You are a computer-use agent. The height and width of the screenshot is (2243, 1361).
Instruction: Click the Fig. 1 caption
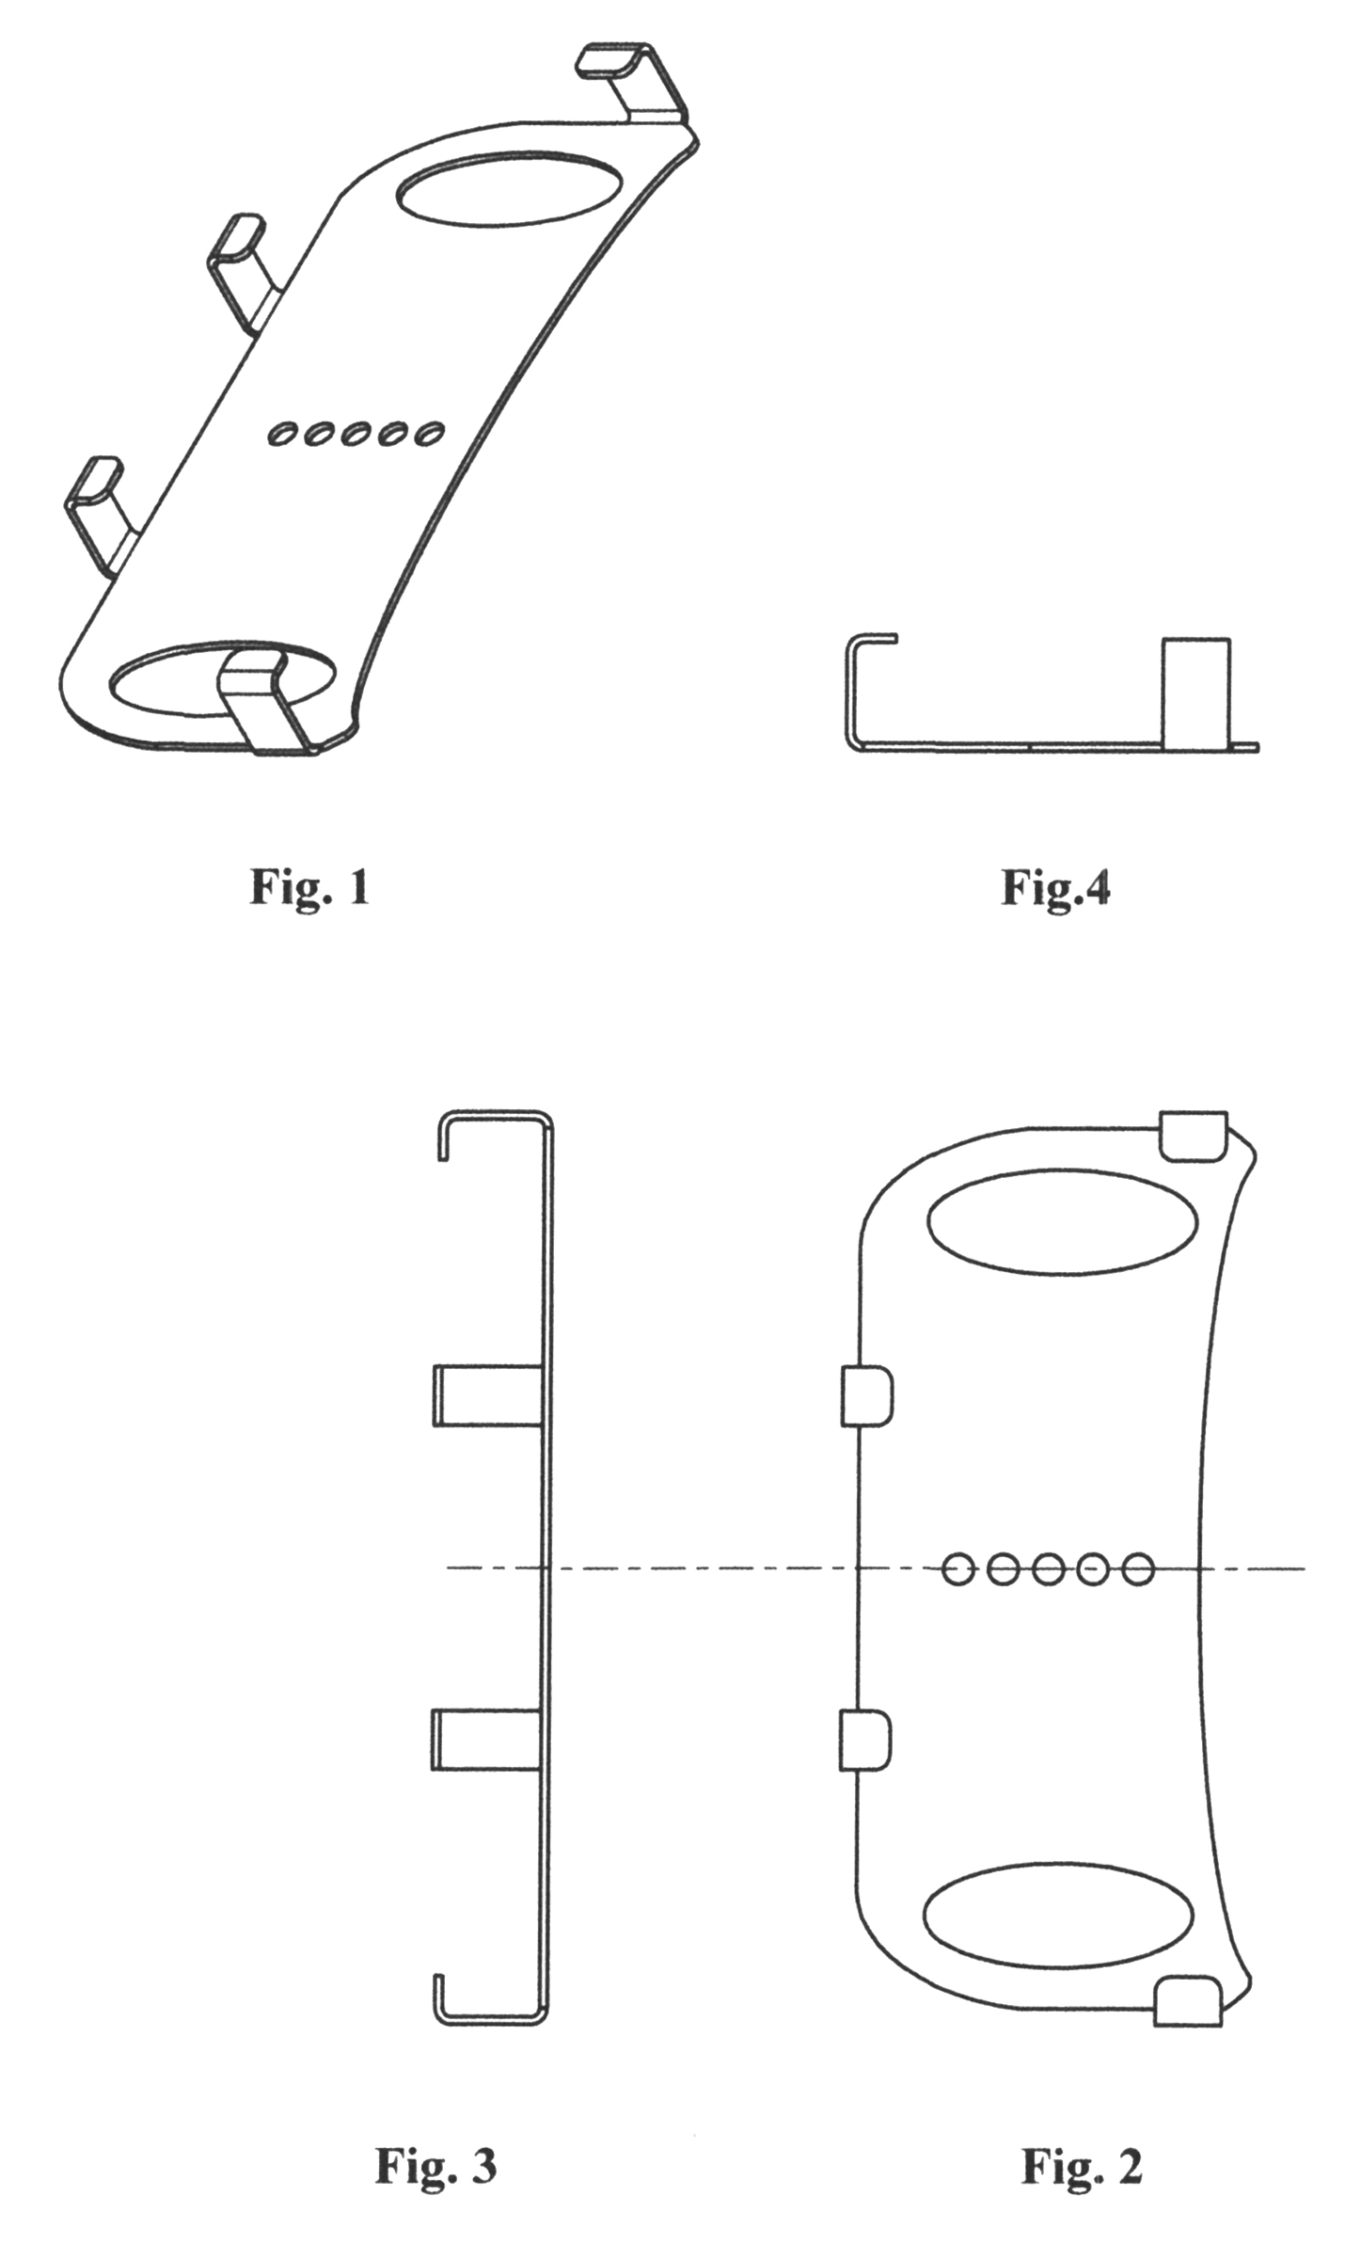309,886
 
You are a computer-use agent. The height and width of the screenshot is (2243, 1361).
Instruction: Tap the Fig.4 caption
1055,886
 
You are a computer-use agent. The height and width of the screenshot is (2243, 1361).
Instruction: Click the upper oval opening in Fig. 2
1062,1224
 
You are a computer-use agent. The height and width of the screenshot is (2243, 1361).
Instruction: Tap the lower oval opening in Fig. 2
1058,1916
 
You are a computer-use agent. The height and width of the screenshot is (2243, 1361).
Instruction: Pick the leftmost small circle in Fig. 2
958,1568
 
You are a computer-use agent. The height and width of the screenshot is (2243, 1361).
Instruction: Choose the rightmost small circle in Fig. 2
1138,1568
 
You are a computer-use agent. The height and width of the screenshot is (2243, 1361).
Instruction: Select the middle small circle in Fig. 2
1048,1568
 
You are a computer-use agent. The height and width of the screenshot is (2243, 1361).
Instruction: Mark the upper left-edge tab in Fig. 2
866,1396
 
